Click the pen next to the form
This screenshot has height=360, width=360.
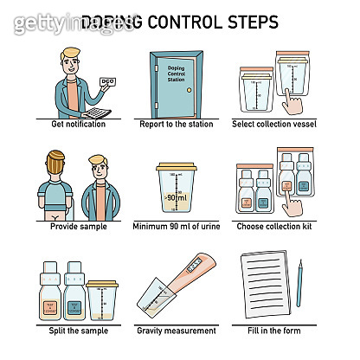click(x=299, y=282)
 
